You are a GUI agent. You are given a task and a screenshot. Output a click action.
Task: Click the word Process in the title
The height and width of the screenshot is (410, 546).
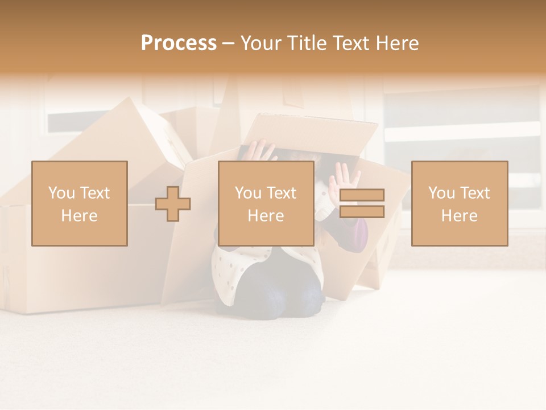[179, 43]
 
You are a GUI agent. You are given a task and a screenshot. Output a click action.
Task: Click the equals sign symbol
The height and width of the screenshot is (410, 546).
[362, 203]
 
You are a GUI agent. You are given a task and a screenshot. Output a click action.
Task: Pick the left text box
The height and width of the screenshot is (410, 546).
[80, 203]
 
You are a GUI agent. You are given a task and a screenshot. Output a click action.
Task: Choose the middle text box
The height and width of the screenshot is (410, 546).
[266, 203]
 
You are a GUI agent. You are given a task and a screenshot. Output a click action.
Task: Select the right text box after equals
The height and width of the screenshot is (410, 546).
[460, 203]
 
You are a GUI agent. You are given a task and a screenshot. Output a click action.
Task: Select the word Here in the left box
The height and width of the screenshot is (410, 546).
[80, 216]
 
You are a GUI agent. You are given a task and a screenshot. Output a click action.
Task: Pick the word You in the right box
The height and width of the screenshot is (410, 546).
[441, 193]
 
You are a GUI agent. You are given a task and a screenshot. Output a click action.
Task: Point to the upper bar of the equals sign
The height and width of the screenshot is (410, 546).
[362, 195]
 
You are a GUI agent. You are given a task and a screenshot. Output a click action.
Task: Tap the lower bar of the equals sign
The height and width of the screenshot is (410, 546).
[362, 212]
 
